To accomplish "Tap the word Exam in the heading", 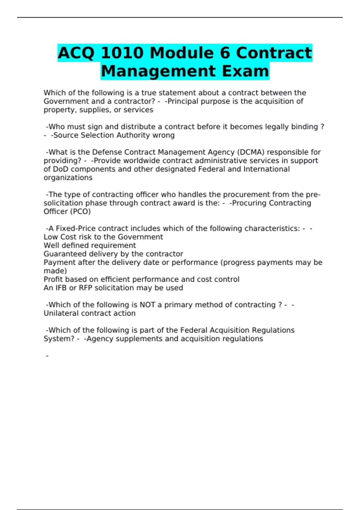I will point(245,71).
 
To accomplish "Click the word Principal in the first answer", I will point(181,101).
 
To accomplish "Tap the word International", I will point(266,169).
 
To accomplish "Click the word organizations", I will point(68,178).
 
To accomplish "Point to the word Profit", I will point(53,279).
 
